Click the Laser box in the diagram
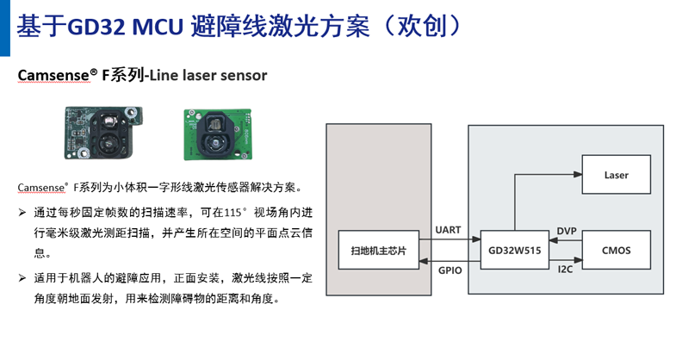pyautogui.click(x=616, y=175)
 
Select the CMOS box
pyautogui.click(x=616, y=250)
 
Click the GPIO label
pyautogui.click(x=450, y=269)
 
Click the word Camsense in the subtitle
pyautogui.click(x=53, y=76)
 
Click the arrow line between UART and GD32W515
pyautogui.click(x=455, y=239)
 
